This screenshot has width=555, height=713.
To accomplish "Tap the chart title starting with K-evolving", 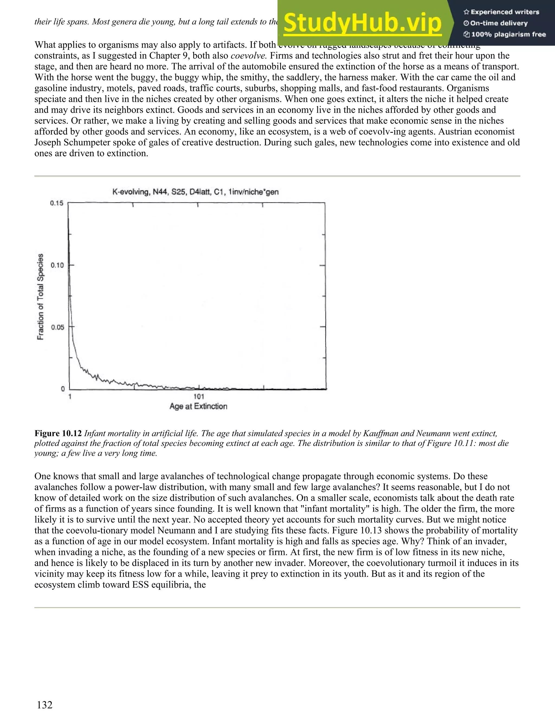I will [x=195, y=192].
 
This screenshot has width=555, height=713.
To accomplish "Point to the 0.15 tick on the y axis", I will [x=57, y=203].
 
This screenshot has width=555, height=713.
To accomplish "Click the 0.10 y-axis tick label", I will [x=57, y=265].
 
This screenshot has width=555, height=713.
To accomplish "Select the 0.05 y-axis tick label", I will [x=57, y=327].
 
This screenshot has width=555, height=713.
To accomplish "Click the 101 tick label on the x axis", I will [x=199, y=396].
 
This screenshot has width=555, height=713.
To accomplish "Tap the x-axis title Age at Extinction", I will [x=198, y=406].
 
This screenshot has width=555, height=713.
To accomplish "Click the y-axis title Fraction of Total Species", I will [x=40, y=297].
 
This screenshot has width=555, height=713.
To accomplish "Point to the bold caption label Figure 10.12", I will [x=58, y=434].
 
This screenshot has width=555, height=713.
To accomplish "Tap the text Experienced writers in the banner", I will [x=505, y=12].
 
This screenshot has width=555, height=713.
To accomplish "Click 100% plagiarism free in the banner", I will [x=508, y=35].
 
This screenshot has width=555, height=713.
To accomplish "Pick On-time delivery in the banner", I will [x=499, y=23].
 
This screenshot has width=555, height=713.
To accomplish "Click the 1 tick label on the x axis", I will [x=70, y=396].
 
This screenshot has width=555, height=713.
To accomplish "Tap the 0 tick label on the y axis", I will [x=63, y=389].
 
